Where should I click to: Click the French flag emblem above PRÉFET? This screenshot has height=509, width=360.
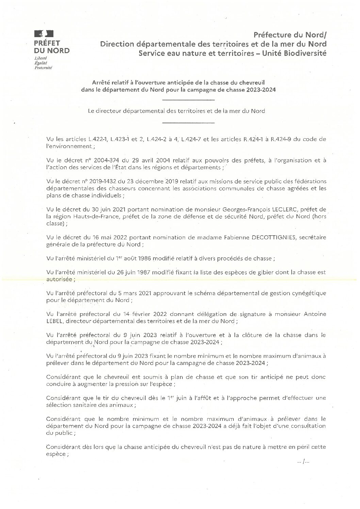[x=44, y=34]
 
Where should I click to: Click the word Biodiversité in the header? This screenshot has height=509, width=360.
[x=306, y=53]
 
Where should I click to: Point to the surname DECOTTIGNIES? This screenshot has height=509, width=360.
[x=269, y=238]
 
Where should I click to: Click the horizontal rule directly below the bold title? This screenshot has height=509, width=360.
[x=189, y=100]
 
